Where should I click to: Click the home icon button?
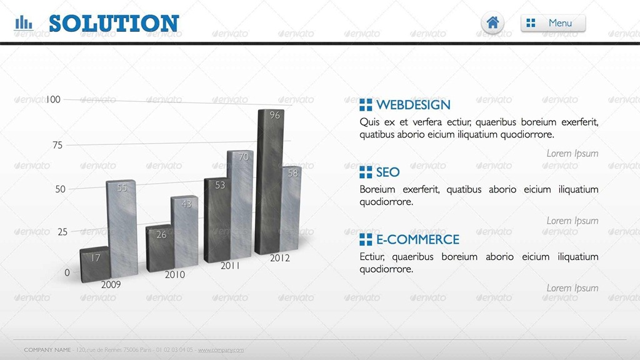click(x=492, y=23)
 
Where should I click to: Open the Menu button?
click(x=553, y=23)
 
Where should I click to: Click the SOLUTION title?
click(x=114, y=23)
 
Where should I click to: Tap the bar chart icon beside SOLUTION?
click(x=24, y=23)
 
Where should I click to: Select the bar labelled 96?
click(x=269, y=182)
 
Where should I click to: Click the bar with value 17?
click(x=95, y=264)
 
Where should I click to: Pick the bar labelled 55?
click(x=122, y=229)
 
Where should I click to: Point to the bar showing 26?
click(x=160, y=247)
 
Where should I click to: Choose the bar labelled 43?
click(x=184, y=231)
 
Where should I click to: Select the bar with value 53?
click(x=217, y=220)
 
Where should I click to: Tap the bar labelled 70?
click(x=241, y=204)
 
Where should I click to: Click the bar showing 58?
click(x=291, y=208)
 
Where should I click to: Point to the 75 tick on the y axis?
click(x=57, y=145)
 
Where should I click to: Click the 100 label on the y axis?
click(x=53, y=99)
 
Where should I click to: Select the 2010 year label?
click(x=175, y=275)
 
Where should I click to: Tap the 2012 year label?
click(x=279, y=258)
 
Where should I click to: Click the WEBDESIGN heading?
click(x=413, y=105)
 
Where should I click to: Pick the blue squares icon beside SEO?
click(x=366, y=172)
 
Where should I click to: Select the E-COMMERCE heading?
click(x=417, y=239)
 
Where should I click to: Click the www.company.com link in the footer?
click(x=221, y=350)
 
